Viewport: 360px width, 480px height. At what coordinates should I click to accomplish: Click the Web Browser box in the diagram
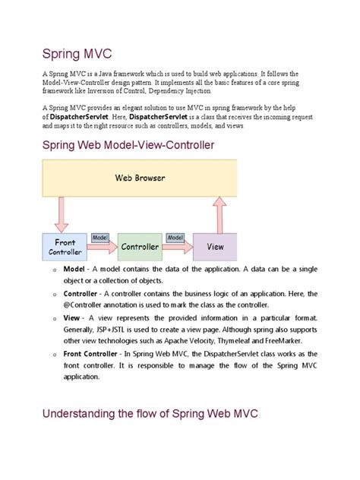click(140, 178)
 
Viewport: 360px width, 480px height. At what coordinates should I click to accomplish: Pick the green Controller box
click(140, 247)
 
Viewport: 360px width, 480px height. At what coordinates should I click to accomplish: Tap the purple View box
click(215, 247)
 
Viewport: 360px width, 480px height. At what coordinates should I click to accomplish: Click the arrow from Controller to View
click(177, 247)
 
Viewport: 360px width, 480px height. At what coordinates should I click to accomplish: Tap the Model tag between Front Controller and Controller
click(100, 237)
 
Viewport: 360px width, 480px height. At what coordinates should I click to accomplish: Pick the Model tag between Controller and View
click(175, 237)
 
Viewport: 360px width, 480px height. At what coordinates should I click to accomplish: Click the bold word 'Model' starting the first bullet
click(74, 269)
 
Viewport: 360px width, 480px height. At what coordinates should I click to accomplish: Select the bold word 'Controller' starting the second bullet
click(81, 293)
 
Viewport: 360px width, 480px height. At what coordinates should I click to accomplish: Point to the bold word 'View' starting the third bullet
click(72, 317)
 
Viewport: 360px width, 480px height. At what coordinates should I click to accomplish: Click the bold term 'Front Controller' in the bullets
click(93, 353)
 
